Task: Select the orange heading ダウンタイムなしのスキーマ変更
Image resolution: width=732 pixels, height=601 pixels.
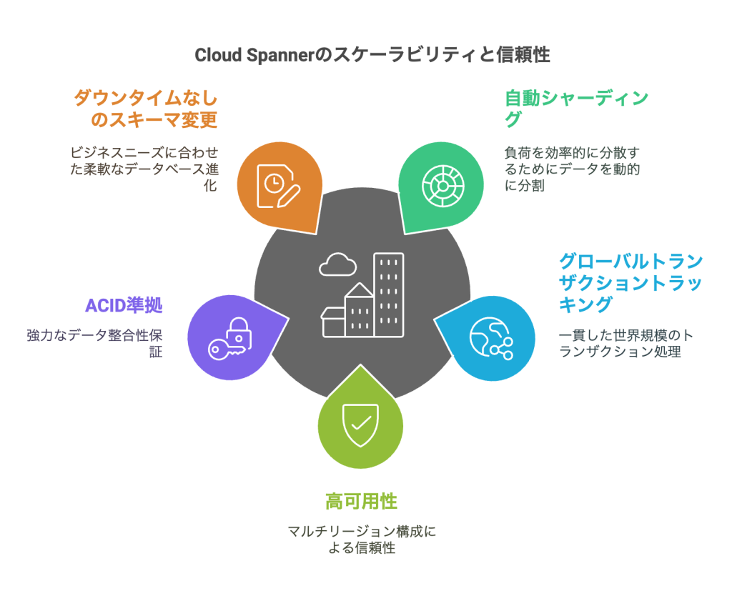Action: [x=145, y=109]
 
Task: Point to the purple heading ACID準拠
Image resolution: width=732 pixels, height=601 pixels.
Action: [x=124, y=306]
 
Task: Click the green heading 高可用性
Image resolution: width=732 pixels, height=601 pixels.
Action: [x=361, y=501]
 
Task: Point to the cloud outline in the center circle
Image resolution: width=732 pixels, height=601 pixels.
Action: [x=337, y=264]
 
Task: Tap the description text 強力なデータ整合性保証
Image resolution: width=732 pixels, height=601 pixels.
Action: [x=95, y=343]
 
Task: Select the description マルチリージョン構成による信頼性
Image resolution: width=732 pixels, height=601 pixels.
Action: [x=361, y=540]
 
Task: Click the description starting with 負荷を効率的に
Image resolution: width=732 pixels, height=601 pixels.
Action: [x=572, y=169]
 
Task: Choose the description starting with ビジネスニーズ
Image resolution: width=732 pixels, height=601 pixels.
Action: [x=144, y=169]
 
